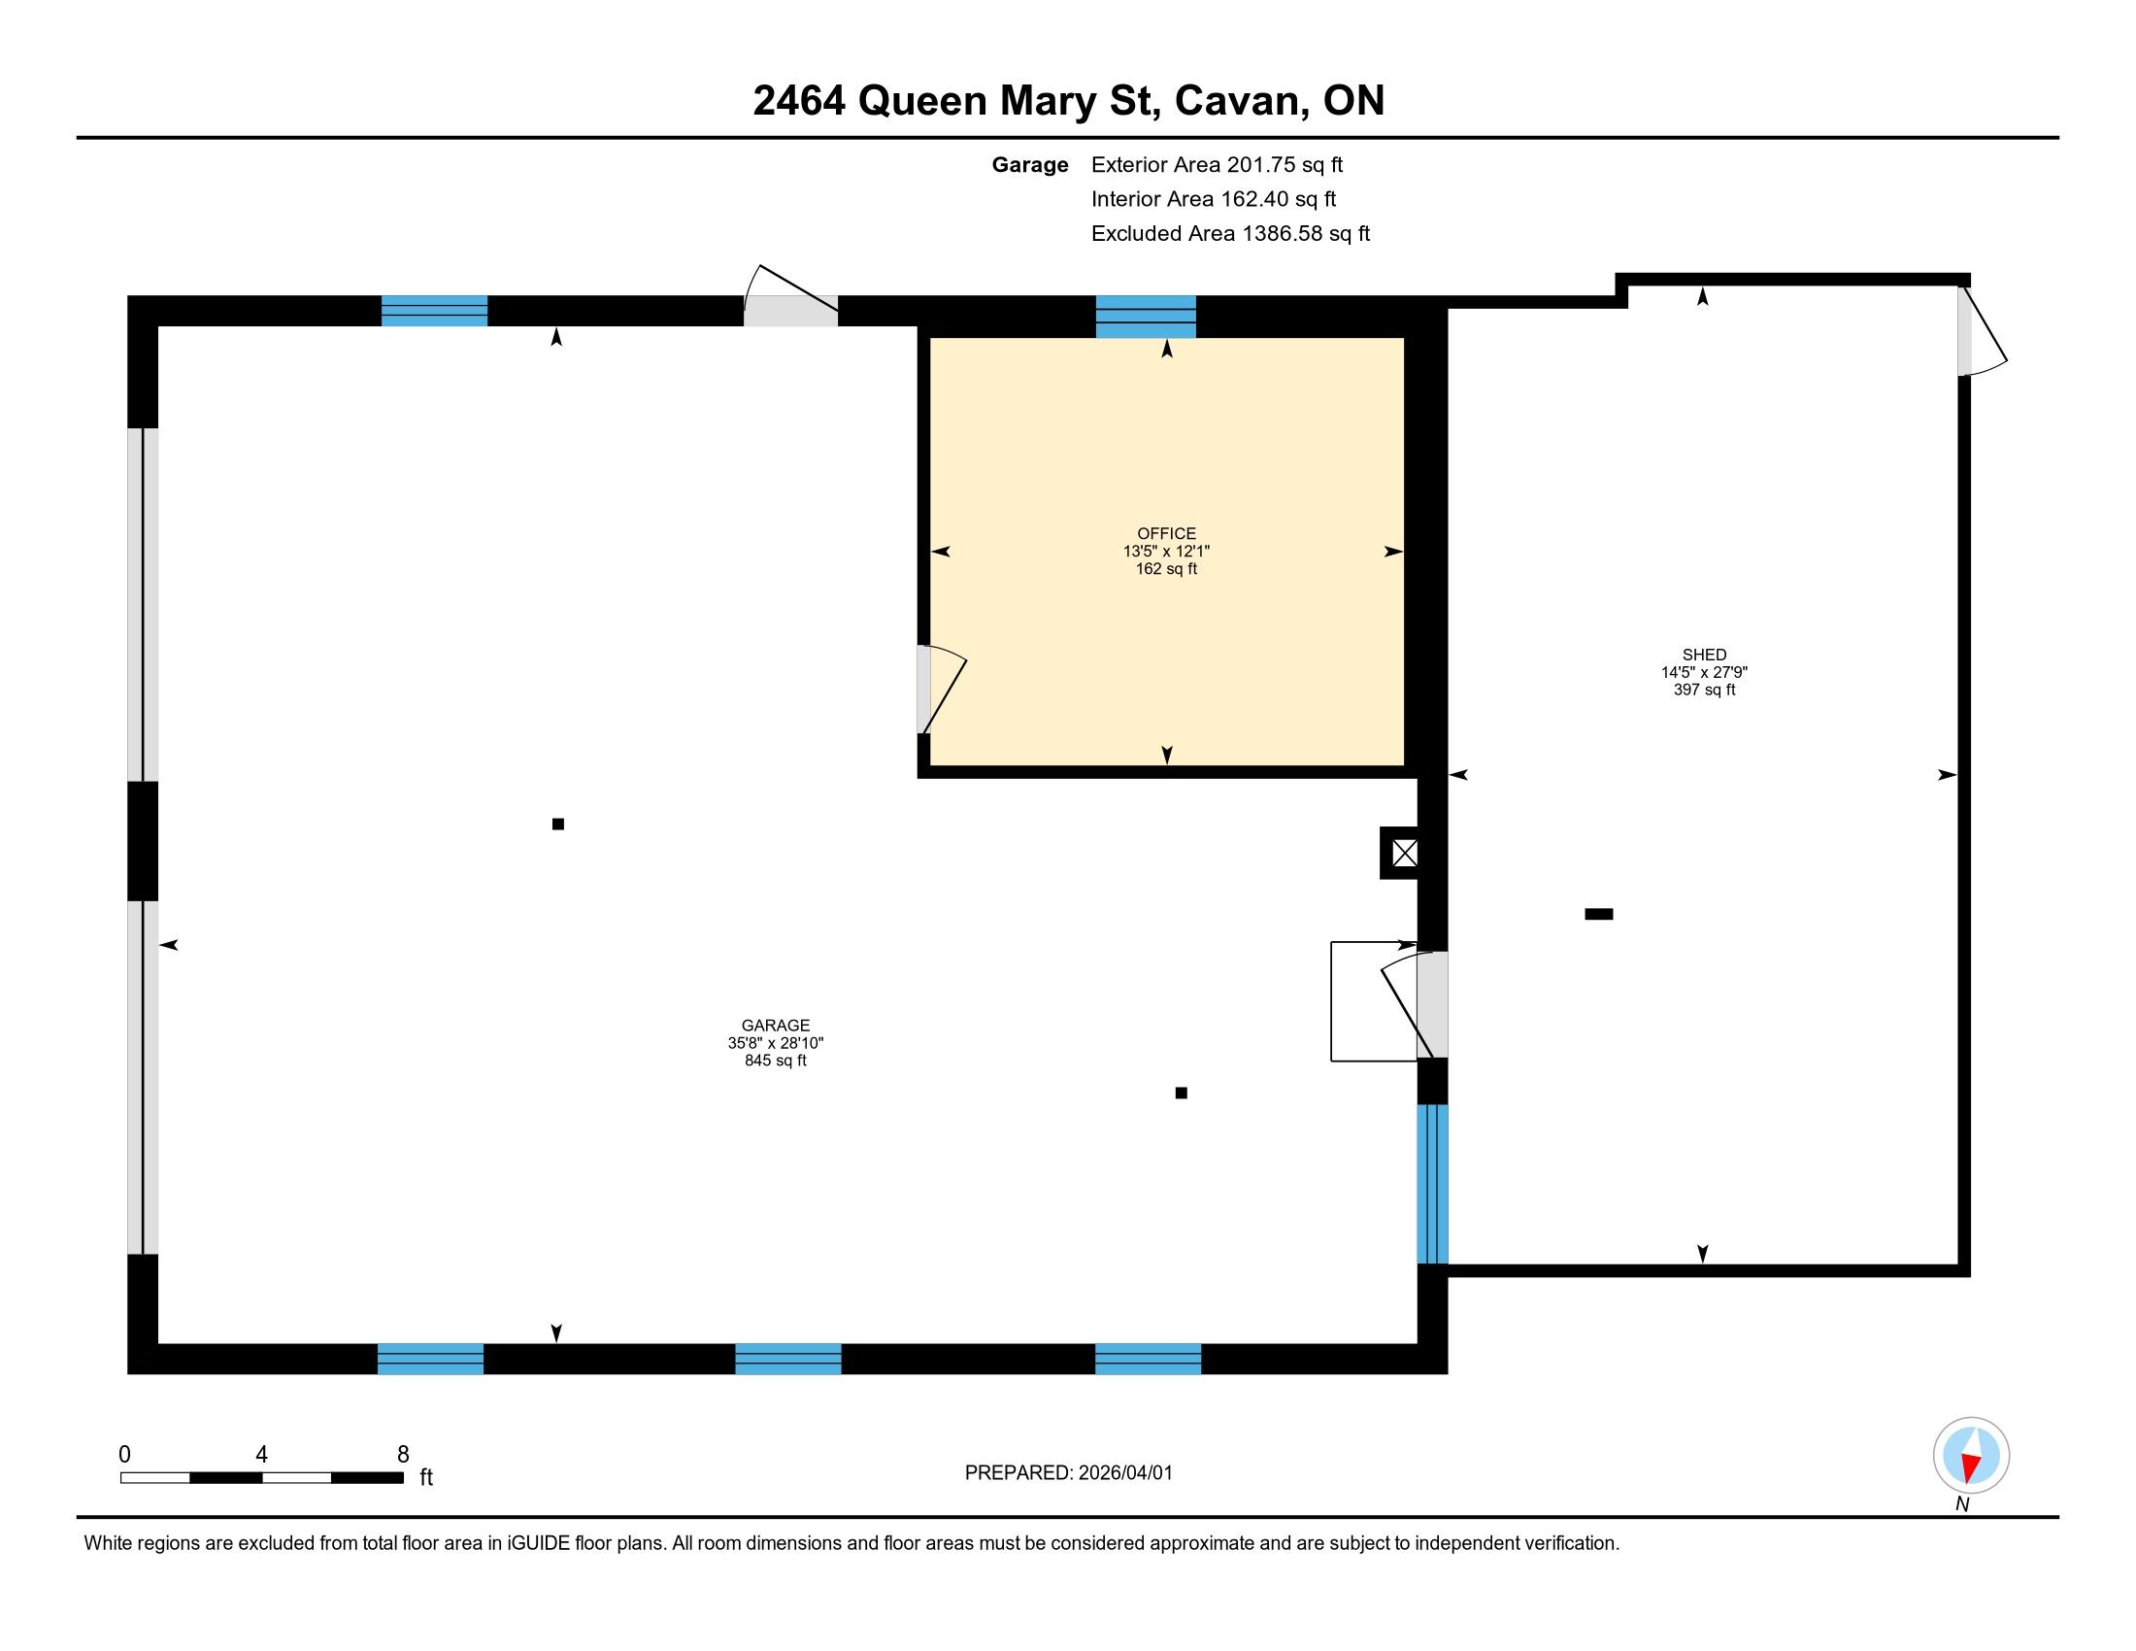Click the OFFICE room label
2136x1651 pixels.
1166,533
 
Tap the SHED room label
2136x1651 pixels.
1704,655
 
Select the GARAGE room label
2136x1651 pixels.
776,1025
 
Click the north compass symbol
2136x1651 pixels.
1971,1455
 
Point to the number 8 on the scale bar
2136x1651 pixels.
403,1455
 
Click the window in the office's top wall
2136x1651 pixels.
1146,317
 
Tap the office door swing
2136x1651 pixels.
942,690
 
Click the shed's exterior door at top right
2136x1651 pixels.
1981,330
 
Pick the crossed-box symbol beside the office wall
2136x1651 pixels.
1405,853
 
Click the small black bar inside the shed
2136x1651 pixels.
1598,915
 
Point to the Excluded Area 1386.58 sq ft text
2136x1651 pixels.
1230,234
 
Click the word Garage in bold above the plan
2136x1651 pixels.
1030,165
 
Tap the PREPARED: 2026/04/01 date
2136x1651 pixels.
1068,1473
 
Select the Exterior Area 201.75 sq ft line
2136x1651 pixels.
1217,165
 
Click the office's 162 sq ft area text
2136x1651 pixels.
1166,568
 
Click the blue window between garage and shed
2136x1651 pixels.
1433,1184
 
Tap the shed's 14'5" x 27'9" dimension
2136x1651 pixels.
1704,672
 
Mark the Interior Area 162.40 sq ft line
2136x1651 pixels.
1214,199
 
